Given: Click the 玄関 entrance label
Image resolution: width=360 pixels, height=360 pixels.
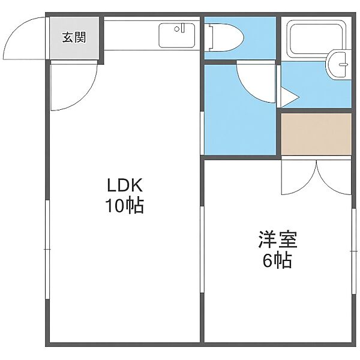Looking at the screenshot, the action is pos(74,37).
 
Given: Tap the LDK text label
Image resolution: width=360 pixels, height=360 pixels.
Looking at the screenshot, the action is pos(125,185).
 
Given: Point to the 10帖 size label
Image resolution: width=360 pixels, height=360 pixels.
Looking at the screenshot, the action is pos(125,205).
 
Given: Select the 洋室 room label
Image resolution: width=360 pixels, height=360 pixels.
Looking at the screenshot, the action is pos(278,239).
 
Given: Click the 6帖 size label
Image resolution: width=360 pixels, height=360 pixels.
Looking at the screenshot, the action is pos(277,260).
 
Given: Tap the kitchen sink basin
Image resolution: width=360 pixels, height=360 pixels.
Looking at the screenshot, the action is pos(176,35).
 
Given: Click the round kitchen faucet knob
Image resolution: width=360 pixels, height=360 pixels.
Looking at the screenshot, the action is pos(177,29).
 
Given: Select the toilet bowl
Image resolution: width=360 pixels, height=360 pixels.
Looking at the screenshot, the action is pos(226,37).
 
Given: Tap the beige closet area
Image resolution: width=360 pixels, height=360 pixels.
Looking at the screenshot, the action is pos(316,134).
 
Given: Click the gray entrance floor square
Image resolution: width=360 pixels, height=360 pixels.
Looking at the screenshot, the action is pos(74,38).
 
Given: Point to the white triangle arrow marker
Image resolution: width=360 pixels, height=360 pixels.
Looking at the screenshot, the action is pos(290,97).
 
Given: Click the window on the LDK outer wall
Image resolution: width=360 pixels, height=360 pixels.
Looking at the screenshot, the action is pos(47,250).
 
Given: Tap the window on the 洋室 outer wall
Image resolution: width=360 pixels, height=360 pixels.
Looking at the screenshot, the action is pos(354,251).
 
